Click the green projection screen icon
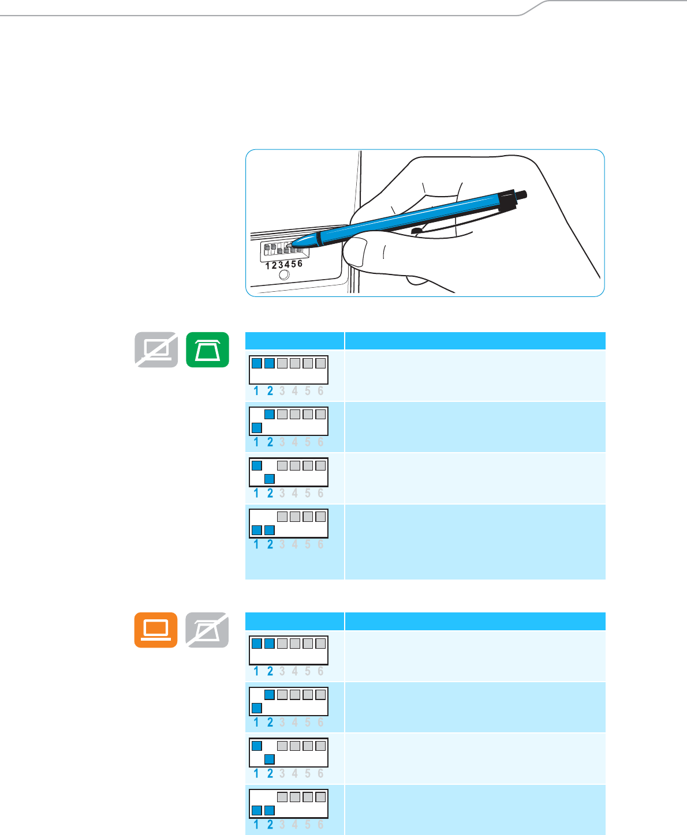pyautogui.click(x=208, y=349)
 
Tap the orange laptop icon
pyautogui.click(x=156, y=630)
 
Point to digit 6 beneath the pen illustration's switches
pyautogui.click(x=300, y=264)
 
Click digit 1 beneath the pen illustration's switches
pyautogui.click(x=267, y=266)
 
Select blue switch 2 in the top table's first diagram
pyautogui.click(x=269, y=363)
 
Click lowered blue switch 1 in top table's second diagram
pyautogui.click(x=257, y=428)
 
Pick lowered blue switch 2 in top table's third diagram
pyautogui.click(x=269, y=479)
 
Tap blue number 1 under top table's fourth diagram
pyautogui.click(x=256, y=544)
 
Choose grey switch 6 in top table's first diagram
pyautogui.click(x=320, y=363)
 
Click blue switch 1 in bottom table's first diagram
pyautogui.click(x=257, y=643)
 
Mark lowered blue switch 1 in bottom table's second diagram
pyautogui.click(x=257, y=708)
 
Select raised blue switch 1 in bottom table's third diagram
pyautogui.click(x=257, y=746)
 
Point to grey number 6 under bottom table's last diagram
pyautogui.click(x=320, y=825)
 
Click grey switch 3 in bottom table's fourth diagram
pyautogui.click(x=282, y=797)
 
